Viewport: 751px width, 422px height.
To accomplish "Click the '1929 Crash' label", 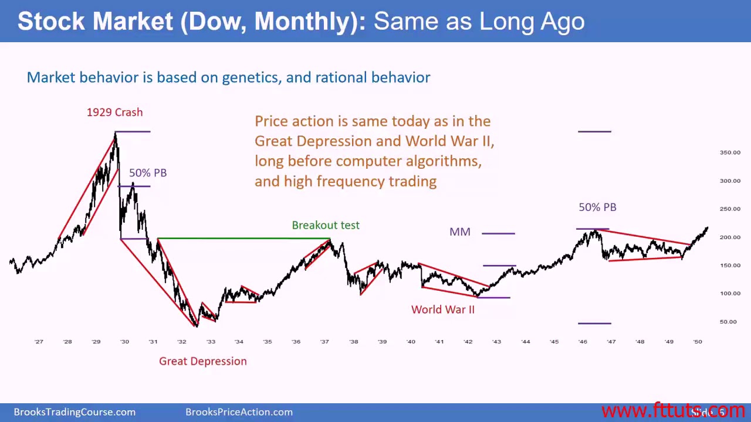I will pos(114,113).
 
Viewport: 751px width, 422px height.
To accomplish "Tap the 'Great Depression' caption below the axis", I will pos(202,361).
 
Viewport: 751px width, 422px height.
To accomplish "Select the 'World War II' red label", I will pos(442,309).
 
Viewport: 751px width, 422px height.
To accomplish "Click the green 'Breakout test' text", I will pos(326,225).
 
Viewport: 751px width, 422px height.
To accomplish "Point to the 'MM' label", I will pos(459,232).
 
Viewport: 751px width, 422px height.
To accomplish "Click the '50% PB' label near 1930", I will pos(148,173).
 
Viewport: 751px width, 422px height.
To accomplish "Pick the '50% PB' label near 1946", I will pos(597,207).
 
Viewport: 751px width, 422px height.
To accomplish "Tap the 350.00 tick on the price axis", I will pos(730,152).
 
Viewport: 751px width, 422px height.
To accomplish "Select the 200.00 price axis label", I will pos(730,237).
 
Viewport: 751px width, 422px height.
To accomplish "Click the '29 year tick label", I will pos(96,342).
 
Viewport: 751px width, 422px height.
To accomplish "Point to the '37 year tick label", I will pos(324,342).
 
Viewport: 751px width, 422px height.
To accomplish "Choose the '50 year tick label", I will pos(697,342).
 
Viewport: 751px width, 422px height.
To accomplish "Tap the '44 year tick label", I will pos(525,342).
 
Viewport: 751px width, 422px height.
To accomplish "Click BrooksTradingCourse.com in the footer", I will pos(75,412).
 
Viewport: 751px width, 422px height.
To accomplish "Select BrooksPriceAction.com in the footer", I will pos(239,412).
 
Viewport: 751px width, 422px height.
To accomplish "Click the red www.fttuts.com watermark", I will pos(672,411).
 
